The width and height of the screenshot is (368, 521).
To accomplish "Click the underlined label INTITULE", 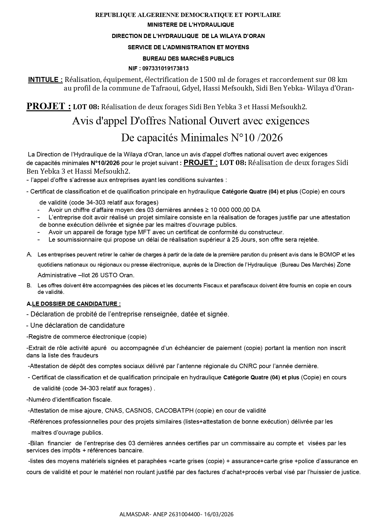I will coord(45,80).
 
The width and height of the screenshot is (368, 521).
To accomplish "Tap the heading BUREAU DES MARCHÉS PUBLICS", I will coord(188,58).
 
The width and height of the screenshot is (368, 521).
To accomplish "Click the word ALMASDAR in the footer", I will coord(132,514).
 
